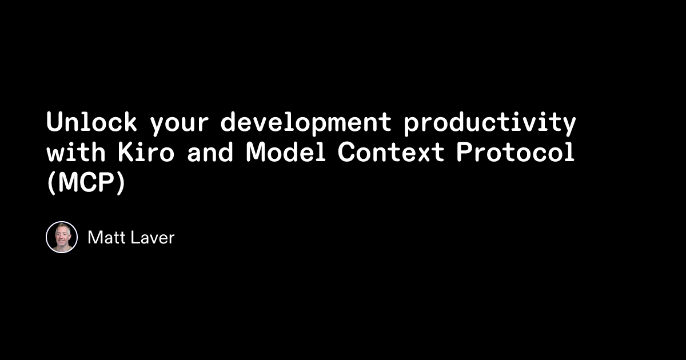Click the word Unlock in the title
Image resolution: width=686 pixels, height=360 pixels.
coord(91,122)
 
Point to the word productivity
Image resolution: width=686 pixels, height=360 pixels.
coord(489,123)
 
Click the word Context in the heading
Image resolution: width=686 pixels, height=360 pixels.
coord(388,153)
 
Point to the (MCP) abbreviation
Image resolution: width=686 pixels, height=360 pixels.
coord(85,184)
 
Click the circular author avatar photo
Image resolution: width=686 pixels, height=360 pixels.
coord(62,237)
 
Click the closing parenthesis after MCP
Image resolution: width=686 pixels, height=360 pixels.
coord(119,184)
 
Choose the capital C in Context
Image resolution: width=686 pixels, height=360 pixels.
coord(345,153)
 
